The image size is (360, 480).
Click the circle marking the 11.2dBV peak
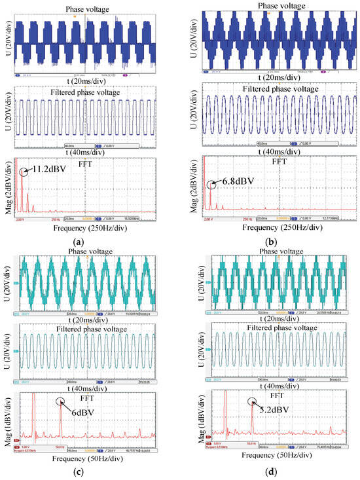(x=24, y=173)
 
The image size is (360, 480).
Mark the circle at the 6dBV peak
(x=60, y=403)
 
